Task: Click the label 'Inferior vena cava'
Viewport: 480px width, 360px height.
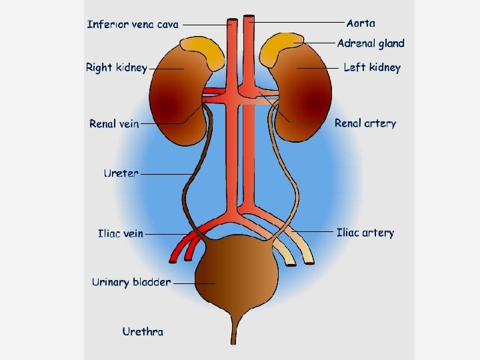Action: coord(133,25)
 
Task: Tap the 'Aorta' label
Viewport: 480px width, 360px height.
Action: coord(361,23)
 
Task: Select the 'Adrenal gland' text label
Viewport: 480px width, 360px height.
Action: coord(371,43)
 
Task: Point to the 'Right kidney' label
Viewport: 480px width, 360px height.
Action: coord(116,68)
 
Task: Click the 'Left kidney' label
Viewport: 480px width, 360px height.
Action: coord(372,67)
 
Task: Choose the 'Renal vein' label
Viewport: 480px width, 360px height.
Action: coord(114,123)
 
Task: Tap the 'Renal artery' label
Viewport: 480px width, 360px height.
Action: coord(365,123)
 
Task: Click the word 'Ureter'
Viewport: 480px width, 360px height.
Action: coord(121,173)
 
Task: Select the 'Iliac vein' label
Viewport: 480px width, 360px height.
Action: coord(120,233)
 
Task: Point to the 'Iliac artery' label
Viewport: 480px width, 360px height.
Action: coord(365,233)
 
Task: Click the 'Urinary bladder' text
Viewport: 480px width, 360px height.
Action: coord(131,282)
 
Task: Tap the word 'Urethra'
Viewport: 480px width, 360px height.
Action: coord(143,331)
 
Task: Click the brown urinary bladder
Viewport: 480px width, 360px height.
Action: coord(237,273)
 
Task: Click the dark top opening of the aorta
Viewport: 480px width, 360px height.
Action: coord(249,17)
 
